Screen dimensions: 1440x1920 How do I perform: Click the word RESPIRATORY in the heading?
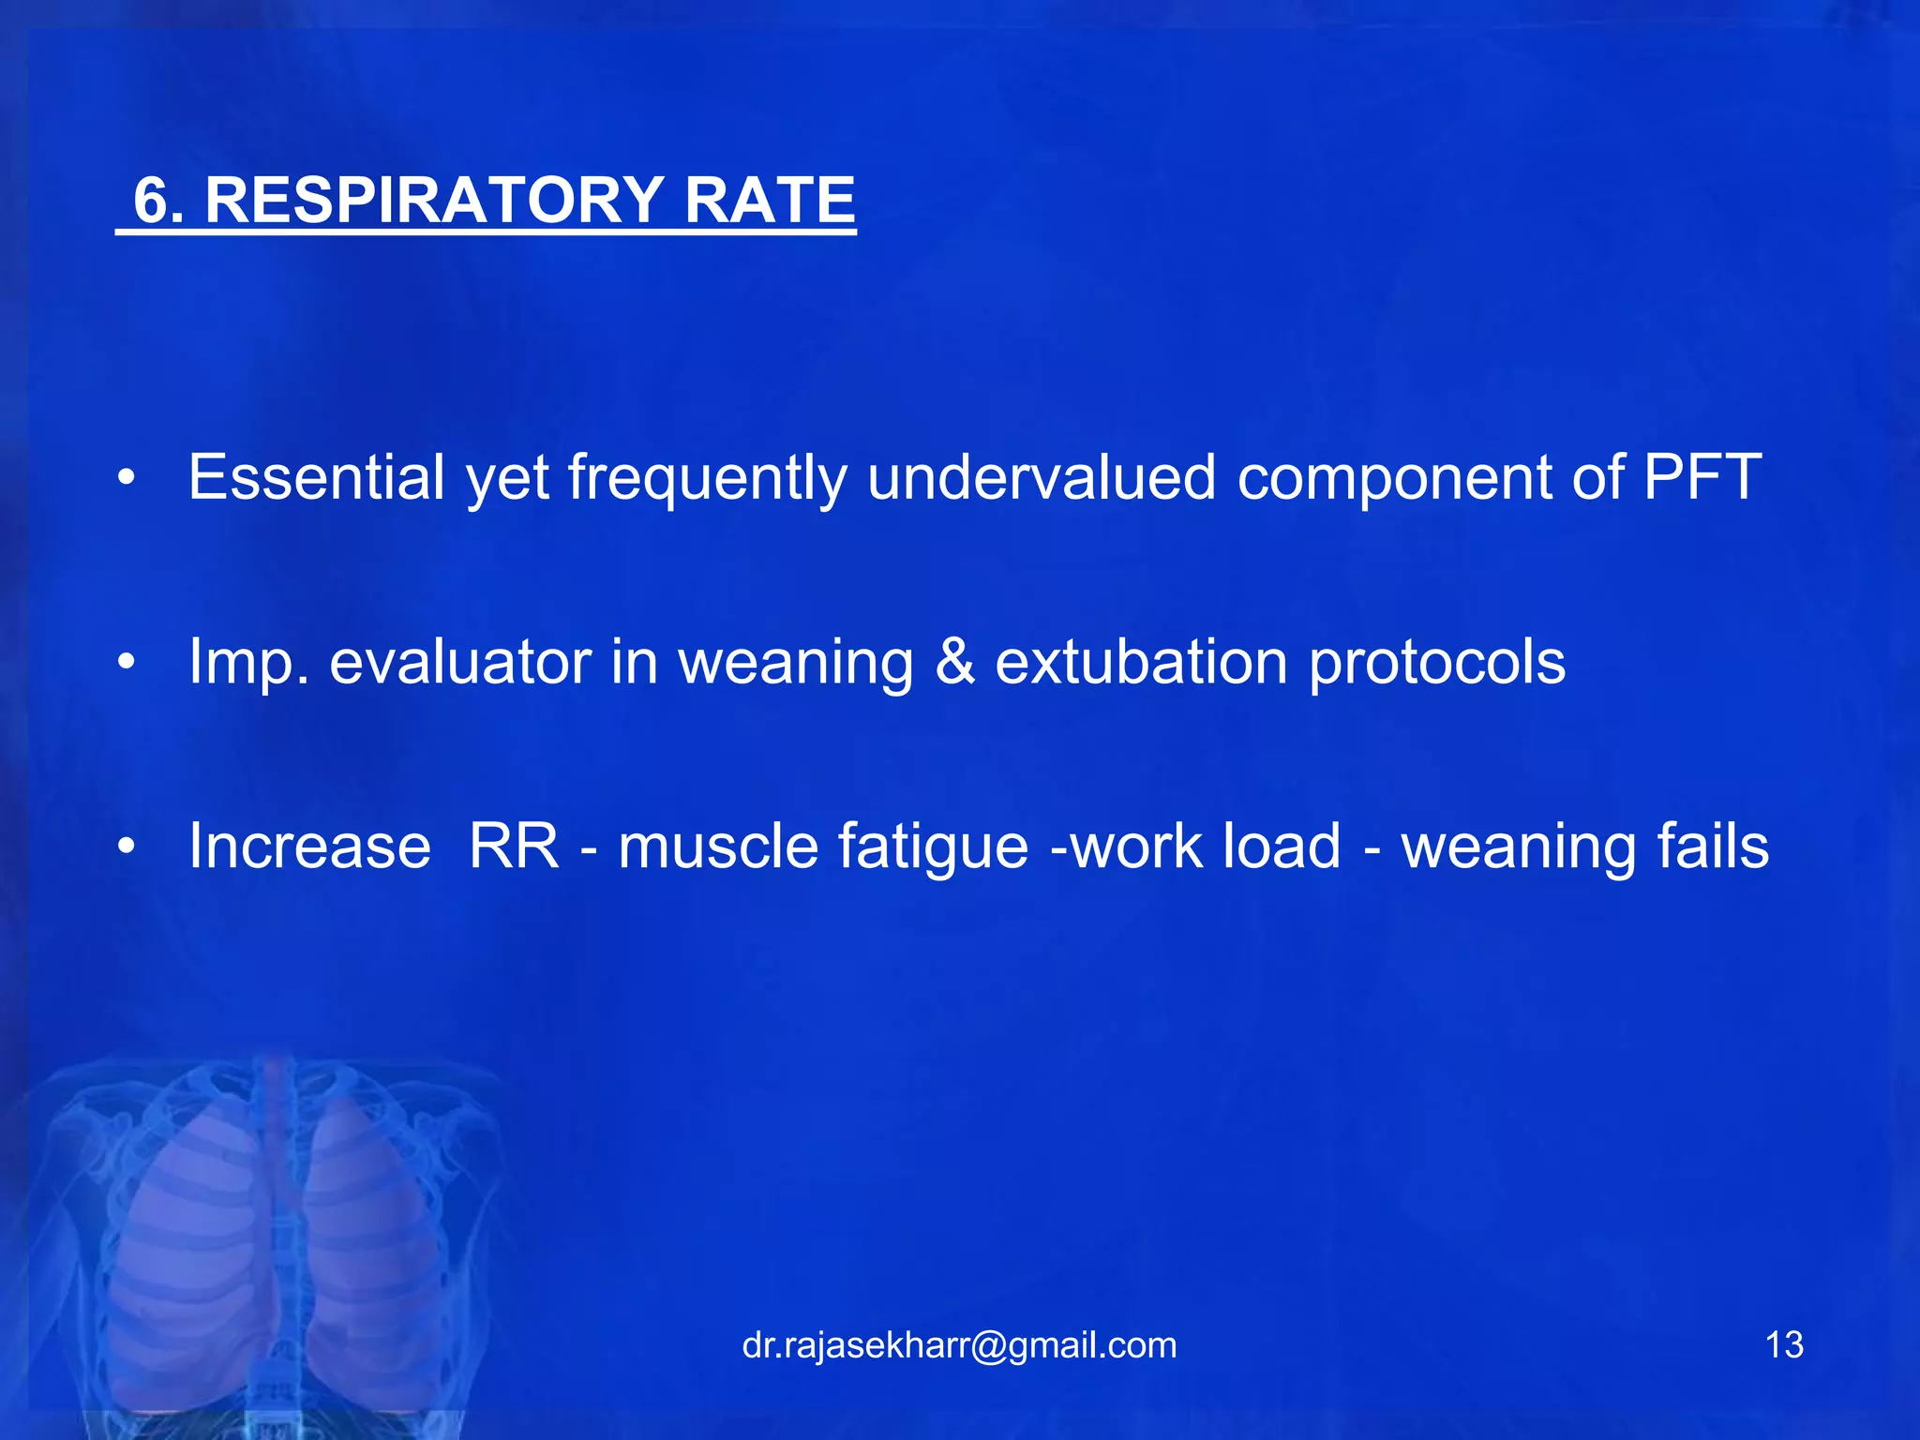pyautogui.click(x=434, y=200)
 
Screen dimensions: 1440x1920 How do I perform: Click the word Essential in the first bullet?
pyautogui.click(x=316, y=477)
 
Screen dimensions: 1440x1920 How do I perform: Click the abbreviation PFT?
pyautogui.click(x=1702, y=477)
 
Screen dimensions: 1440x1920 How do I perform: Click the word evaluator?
pyautogui.click(x=460, y=662)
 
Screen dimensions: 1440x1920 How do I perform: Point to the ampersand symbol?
pyautogui.click(x=954, y=662)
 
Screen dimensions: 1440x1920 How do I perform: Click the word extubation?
pyautogui.click(x=1141, y=662)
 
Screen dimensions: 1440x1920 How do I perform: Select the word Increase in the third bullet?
pyautogui.click(x=309, y=847)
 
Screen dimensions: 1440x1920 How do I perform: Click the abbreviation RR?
pyautogui.click(x=513, y=847)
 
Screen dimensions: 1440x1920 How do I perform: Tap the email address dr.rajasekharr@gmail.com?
pyautogui.click(x=959, y=1345)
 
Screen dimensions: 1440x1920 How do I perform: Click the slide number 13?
pyautogui.click(x=1783, y=1345)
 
